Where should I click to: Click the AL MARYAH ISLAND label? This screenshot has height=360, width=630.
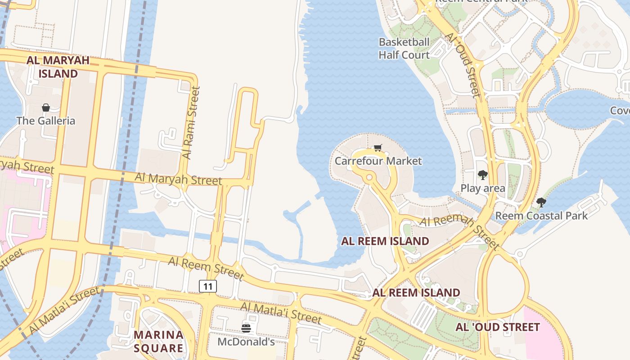tap(58, 67)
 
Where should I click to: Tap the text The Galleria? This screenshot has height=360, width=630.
tap(45, 121)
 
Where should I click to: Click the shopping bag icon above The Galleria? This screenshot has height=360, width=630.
tap(45, 108)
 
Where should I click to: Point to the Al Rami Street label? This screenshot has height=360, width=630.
tap(191, 123)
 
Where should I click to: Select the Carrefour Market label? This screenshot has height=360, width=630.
tap(378, 161)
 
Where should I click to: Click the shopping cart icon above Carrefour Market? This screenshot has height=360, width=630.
tap(378, 148)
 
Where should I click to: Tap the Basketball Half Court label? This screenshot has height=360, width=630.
tap(404, 49)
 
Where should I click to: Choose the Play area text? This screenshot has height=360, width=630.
tap(482, 188)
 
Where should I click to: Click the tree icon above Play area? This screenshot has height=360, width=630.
tap(482, 175)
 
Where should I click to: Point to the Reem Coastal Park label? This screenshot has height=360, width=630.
tap(541, 216)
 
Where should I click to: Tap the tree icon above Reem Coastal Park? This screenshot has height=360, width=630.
tap(541, 202)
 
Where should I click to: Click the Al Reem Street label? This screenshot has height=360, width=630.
tap(206, 268)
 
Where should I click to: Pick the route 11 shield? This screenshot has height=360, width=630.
tap(207, 286)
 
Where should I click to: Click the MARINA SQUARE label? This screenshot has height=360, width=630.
tap(159, 342)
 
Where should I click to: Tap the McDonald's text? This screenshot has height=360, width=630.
tap(246, 342)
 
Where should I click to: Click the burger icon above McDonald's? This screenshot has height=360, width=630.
tap(246, 328)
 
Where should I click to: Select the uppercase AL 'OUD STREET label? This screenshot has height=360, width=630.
tap(497, 327)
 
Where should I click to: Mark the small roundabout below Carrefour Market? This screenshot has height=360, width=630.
tap(369, 178)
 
